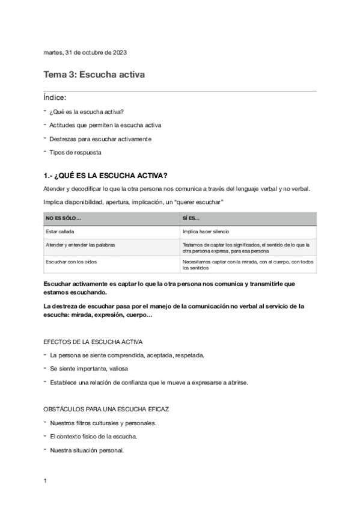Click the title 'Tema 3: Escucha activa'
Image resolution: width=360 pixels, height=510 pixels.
[x=94, y=75]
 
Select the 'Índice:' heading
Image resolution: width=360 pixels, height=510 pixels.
[x=55, y=97]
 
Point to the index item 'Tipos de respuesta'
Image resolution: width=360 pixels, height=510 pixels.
[x=75, y=153]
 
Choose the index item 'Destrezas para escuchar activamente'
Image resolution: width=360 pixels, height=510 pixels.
[x=100, y=139]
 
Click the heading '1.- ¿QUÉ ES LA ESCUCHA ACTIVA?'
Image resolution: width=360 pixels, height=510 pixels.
[x=105, y=176]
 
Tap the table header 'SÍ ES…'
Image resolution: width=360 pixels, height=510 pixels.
[x=191, y=218]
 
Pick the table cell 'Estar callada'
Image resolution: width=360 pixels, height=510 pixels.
[x=60, y=232]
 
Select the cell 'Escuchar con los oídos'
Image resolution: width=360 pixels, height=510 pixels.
[x=71, y=262]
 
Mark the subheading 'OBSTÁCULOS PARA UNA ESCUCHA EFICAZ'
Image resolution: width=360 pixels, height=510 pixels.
[x=106, y=409]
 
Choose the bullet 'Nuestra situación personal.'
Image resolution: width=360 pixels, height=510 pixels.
[x=87, y=450]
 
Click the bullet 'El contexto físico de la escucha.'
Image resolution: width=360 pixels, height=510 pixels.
[x=94, y=436]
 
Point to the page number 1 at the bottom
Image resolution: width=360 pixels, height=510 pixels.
[x=46, y=481]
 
